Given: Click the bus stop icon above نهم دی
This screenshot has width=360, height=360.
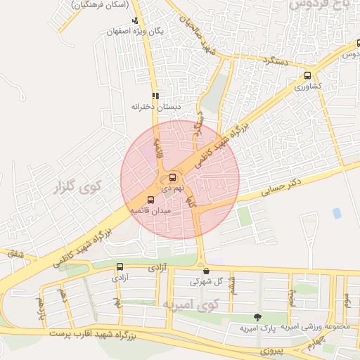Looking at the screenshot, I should (173, 178).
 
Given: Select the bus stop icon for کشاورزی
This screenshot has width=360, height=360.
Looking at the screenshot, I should (307, 76).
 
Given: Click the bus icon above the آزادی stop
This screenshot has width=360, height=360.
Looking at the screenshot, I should (120, 266).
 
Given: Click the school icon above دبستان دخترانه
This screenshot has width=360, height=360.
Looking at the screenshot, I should (155, 96).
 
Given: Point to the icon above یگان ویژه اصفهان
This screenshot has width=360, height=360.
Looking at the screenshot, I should (135, 20).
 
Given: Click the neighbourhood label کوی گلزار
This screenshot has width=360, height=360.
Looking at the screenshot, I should (78, 187).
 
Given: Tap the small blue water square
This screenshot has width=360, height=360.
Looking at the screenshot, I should (337, 213).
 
